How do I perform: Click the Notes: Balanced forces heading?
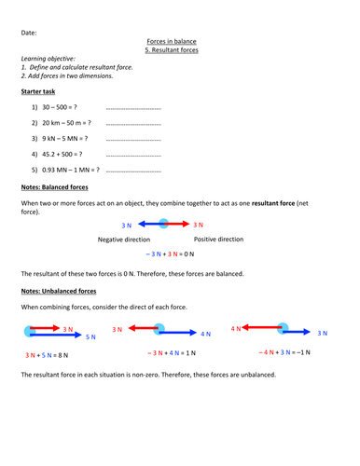click(62, 189)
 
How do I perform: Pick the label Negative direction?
click(123, 240)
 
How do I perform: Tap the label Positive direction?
click(217, 240)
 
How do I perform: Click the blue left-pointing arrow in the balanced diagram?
click(150, 225)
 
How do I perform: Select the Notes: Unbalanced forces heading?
click(67, 292)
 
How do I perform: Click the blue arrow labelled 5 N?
click(60, 334)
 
